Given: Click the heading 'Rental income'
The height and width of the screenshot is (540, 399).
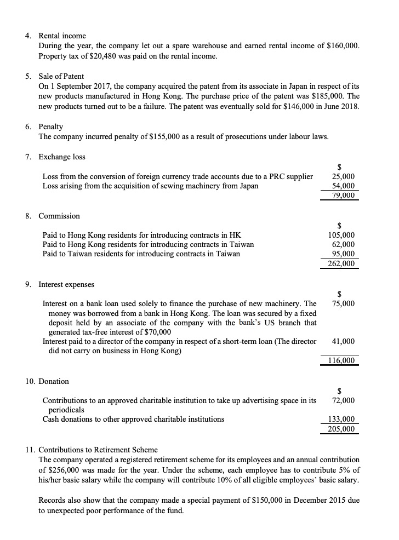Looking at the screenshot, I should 62,36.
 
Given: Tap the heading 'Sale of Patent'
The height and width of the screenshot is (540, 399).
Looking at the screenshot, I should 61,76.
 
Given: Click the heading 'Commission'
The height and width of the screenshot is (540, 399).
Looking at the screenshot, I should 59,216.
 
